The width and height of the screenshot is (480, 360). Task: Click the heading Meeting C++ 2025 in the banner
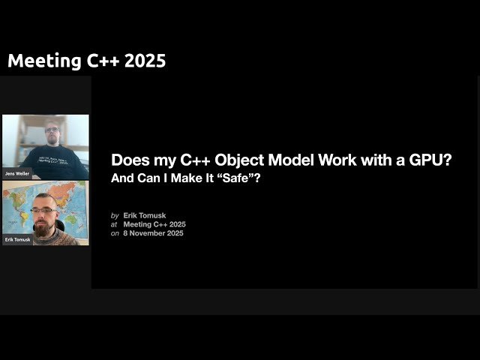click(x=86, y=61)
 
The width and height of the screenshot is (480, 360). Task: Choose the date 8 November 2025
click(x=153, y=233)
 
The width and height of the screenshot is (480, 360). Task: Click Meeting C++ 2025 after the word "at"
click(x=154, y=224)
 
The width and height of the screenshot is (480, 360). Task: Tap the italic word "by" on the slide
click(x=115, y=215)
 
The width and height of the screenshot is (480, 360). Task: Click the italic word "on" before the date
click(x=115, y=233)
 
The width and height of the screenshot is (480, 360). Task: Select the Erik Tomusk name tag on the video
click(x=18, y=239)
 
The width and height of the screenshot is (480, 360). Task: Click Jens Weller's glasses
click(x=52, y=131)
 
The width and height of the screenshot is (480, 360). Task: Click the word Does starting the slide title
click(x=127, y=160)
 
